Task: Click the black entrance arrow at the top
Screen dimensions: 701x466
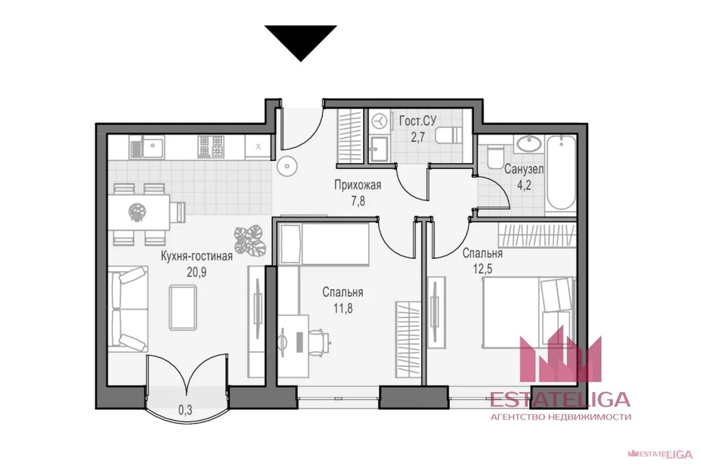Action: point(301,40)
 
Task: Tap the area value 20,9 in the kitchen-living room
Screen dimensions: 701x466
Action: point(196,272)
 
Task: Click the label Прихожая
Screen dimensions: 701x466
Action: point(357,185)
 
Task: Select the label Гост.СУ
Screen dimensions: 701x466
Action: point(418,120)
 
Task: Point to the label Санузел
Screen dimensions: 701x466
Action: point(524,169)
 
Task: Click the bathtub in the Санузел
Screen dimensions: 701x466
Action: point(561,172)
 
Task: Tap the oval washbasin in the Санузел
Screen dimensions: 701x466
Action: point(528,144)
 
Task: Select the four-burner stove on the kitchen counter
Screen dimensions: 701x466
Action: point(211,146)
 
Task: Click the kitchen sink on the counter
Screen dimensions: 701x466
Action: point(146,147)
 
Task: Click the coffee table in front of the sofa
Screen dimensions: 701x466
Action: point(183,307)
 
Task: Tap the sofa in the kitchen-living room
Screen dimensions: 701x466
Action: point(129,309)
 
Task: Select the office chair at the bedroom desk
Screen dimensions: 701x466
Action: point(318,343)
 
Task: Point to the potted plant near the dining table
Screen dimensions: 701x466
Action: point(250,240)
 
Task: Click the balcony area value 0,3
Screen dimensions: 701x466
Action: point(185,410)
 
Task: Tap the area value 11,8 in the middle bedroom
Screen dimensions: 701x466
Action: point(343,309)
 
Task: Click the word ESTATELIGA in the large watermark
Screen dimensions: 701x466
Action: point(560,400)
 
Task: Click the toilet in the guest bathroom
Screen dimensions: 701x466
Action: point(448,135)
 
